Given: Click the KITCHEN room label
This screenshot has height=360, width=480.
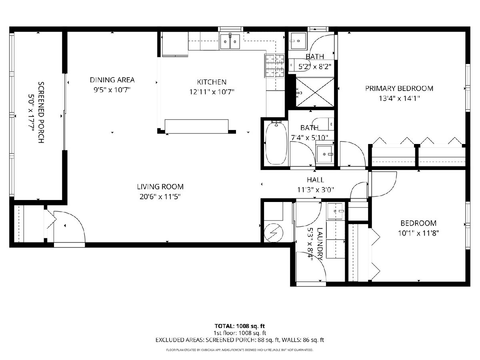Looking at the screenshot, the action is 212,82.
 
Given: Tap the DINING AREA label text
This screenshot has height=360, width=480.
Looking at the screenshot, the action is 112,80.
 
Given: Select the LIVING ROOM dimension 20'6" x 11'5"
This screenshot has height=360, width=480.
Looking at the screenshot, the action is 160,197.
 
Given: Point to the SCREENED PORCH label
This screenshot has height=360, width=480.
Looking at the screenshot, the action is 41,112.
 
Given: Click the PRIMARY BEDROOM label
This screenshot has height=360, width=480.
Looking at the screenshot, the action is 399,88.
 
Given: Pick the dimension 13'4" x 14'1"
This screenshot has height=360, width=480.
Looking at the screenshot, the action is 399,98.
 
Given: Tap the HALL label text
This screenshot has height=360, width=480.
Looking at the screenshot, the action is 315,180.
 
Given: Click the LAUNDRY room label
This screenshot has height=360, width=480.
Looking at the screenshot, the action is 320,244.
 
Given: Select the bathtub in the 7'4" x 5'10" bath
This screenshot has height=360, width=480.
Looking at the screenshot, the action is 276,143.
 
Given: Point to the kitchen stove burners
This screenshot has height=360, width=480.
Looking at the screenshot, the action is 274,66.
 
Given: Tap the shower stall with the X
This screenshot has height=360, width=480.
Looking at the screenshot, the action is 315,92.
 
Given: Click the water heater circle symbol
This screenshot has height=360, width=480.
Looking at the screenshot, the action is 273,233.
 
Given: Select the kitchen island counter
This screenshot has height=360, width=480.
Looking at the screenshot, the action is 196,126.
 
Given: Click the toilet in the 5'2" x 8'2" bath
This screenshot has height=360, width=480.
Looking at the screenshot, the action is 298,65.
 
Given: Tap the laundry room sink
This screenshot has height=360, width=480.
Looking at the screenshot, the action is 335,211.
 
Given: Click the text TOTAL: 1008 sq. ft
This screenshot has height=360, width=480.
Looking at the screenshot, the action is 240,326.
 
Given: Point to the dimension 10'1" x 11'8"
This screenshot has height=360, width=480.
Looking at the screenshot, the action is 418,233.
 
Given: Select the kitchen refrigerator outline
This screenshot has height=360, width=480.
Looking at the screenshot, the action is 175,44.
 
